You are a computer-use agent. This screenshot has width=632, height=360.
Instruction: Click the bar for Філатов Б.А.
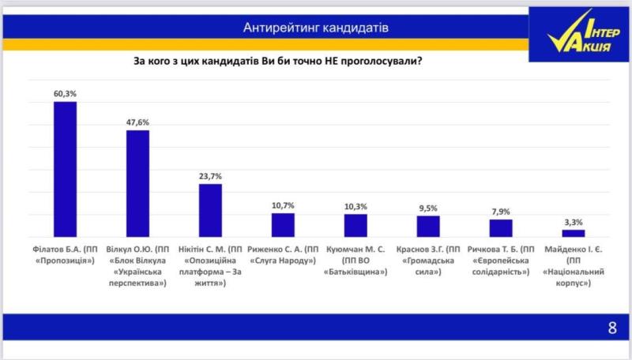pos(65,169)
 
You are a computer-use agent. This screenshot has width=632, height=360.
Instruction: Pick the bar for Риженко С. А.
pos(283,225)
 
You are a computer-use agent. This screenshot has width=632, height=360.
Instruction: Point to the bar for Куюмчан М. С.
pos(355,225)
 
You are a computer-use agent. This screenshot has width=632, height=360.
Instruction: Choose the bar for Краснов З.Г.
pos(428,227)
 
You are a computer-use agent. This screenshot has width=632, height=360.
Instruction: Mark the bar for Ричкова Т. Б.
pos(501,228)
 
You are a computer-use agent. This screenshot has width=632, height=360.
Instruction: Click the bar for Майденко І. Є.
pos(574,233)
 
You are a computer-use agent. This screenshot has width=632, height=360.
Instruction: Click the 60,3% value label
pos(65,93)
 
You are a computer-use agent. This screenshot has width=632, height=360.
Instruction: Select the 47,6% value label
pos(137,122)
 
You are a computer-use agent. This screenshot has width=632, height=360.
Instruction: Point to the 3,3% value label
pos(574,223)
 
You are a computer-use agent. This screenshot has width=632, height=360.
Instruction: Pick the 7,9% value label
pos(501,212)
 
